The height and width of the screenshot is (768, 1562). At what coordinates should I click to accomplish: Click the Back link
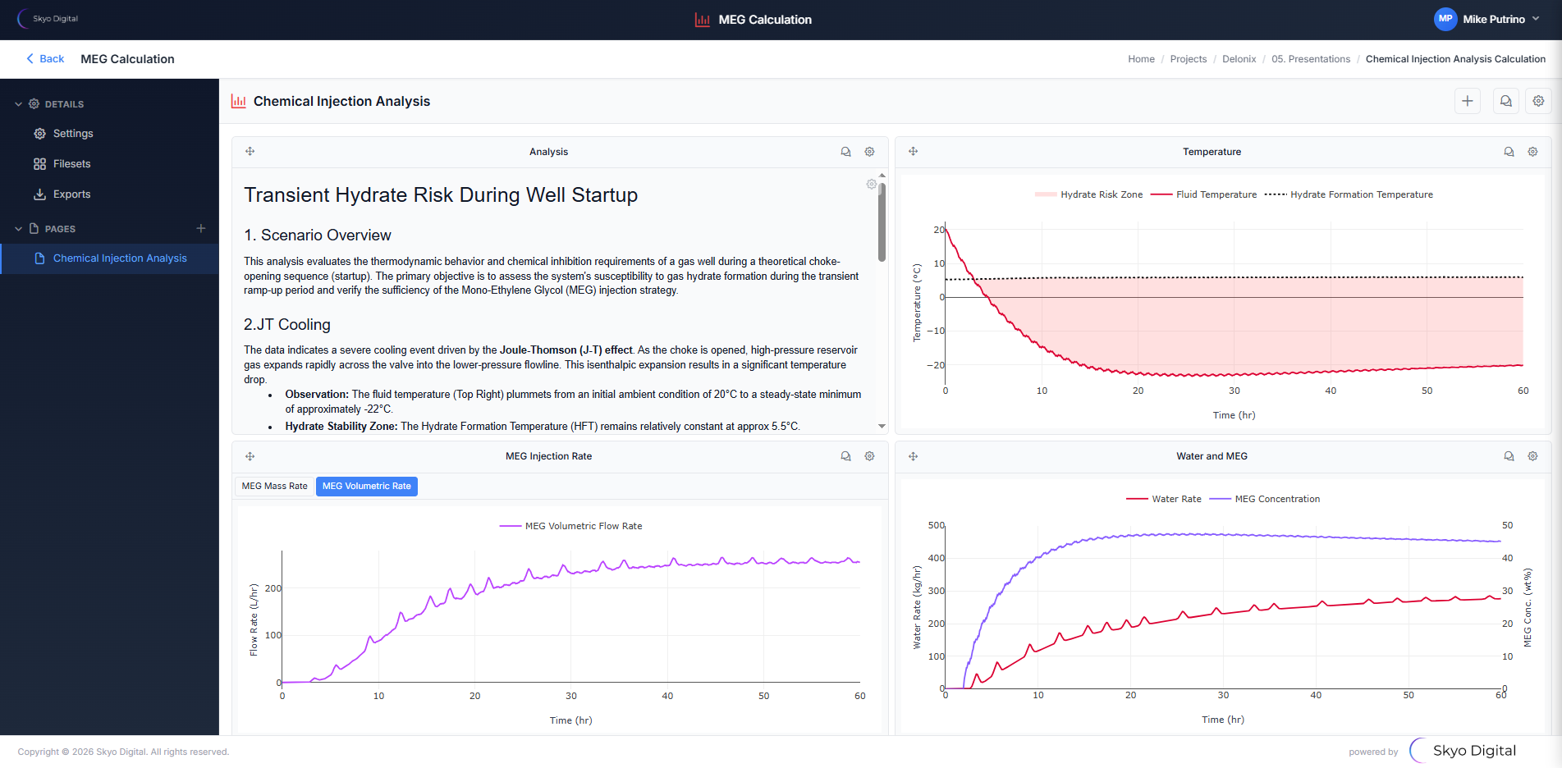(45, 59)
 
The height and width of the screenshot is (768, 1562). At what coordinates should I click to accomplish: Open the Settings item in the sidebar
(72, 134)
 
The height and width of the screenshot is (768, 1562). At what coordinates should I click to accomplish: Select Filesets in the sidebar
(71, 164)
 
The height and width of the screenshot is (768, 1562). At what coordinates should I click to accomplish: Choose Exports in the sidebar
(71, 194)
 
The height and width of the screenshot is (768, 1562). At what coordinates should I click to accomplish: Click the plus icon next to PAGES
(201, 228)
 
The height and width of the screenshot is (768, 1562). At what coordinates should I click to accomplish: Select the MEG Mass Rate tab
(274, 487)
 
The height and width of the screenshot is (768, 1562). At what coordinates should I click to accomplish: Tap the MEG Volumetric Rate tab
(366, 487)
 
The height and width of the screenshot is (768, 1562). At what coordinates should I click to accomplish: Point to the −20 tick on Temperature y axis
(936, 365)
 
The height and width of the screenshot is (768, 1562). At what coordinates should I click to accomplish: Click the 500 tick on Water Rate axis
(936, 525)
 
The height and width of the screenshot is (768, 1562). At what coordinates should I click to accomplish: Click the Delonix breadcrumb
(1239, 59)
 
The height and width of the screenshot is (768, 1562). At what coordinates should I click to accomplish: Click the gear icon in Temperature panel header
(1532, 152)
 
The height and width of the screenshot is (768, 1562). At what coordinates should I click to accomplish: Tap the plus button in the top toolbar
(1468, 101)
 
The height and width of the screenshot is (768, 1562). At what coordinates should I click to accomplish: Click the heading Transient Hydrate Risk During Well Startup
(441, 195)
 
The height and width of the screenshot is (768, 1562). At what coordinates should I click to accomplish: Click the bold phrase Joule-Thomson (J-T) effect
(566, 350)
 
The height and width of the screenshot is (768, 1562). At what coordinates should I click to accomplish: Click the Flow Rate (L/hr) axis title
(254, 619)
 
